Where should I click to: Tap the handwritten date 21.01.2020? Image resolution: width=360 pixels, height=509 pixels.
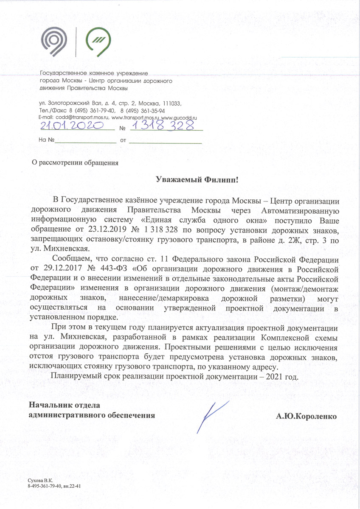pos(73,125)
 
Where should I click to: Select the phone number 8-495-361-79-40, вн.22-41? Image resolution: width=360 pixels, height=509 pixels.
pos(54,485)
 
